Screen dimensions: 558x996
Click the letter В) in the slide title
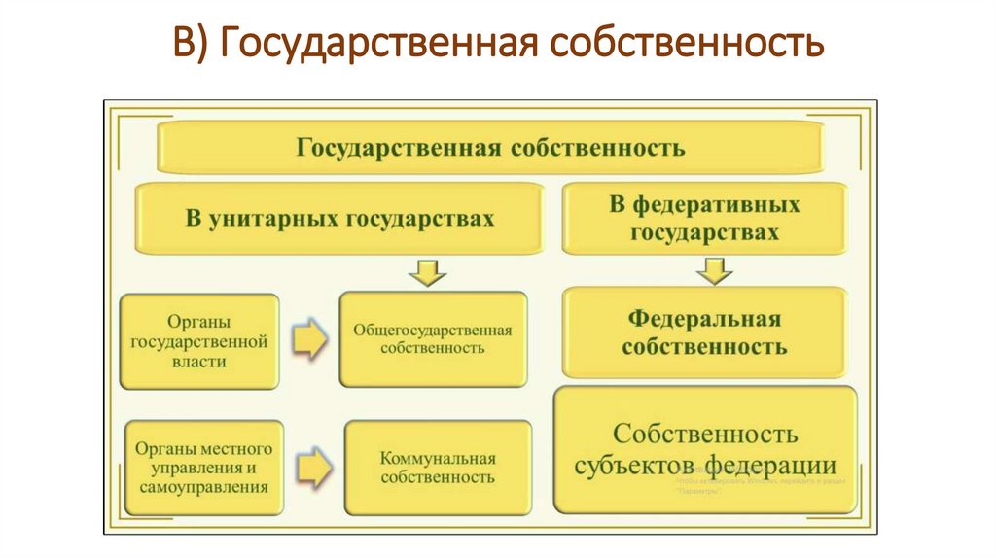tap(191, 43)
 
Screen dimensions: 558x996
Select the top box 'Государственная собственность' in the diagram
tap(490, 148)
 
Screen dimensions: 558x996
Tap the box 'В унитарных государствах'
tap(339, 218)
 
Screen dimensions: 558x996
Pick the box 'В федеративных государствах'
tap(704, 219)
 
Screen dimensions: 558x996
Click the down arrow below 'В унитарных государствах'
tap(427, 272)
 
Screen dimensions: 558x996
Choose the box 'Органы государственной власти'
tap(199, 341)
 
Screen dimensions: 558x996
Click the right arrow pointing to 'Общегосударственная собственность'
tap(309, 340)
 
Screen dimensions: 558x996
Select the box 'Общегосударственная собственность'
tap(433, 339)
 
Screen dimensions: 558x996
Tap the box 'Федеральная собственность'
tap(704, 332)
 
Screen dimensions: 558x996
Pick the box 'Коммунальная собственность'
tap(438, 468)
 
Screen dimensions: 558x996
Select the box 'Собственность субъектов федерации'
tap(705, 448)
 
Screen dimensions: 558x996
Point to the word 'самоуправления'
tap(204, 487)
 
